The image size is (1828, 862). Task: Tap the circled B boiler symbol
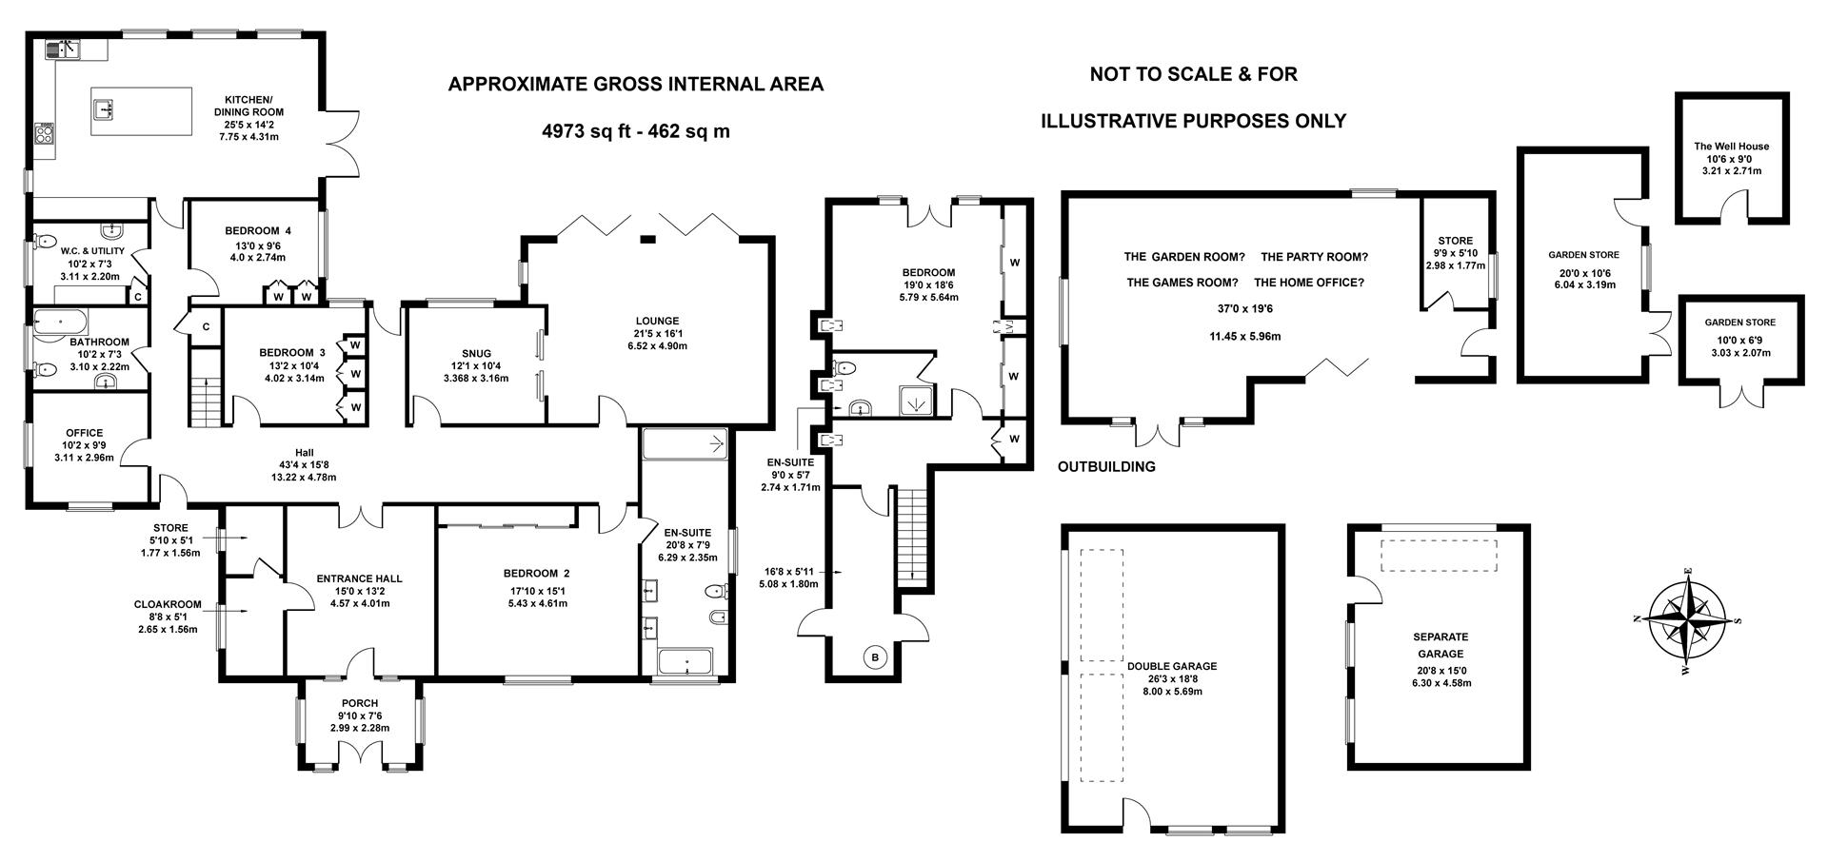click(x=875, y=656)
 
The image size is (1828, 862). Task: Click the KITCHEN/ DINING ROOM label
click(x=248, y=106)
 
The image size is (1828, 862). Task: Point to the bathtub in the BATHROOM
click(x=60, y=323)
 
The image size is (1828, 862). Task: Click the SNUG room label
click(x=476, y=353)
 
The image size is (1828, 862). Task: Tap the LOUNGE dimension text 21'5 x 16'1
click(x=657, y=334)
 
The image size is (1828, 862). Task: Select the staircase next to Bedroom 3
click(x=206, y=388)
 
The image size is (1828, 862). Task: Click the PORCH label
click(x=360, y=703)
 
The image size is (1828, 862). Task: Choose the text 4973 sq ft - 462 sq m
click(x=635, y=131)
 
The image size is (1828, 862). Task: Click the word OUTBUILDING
click(x=1106, y=467)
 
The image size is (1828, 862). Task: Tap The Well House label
click(x=1731, y=147)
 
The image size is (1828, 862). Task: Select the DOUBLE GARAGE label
click(x=1171, y=666)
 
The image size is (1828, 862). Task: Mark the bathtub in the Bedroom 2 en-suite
click(x=686, y=660)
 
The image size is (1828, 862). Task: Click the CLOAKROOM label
click(x=168, y=603)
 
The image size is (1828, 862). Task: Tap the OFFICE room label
click(x=84, y=433)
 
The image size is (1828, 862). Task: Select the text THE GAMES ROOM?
click(x=1182, y=283)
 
